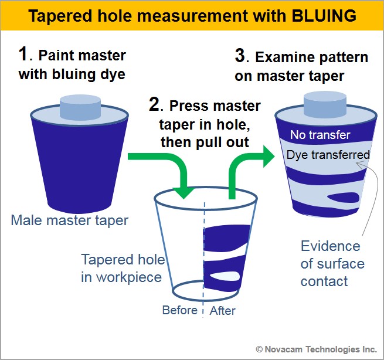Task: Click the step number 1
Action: click(x=23, y=55)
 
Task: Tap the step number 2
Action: click(x=155, y=106)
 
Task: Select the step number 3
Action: click(x=239, y=56)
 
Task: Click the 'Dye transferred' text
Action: click(x=328, y=155)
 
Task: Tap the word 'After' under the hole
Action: click(x=222, y=310)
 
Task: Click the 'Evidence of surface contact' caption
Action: click(x=332, y=263)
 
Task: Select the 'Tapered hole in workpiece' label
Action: click(x=122, y=267)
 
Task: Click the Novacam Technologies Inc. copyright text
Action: click(x=316, y=348)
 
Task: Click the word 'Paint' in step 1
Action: click(x=59, y=56)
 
